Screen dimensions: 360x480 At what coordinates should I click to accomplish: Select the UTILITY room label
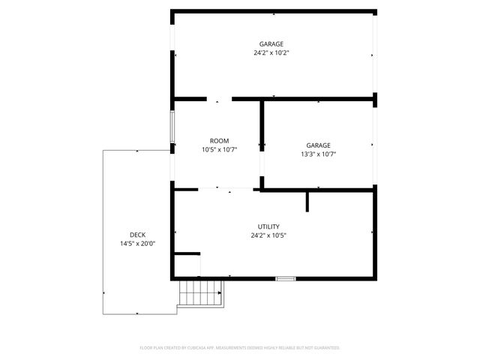pyautogui.click(x=268, y=226)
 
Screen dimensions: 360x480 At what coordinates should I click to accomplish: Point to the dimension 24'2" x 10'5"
pyautogui.click(x=268, y=235)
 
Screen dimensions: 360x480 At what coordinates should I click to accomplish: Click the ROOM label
pyautogui.click(x=219, y=141)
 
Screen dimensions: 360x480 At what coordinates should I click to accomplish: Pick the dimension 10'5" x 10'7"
pyautogui.click(x=219, y=150)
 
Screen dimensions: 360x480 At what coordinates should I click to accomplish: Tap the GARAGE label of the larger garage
pyautogui.click(x=271, y=44)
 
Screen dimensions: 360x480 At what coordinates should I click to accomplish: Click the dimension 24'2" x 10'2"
pyautogui.click(x=271, y=53)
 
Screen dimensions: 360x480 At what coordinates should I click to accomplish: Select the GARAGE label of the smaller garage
pyautogui.click(x=318, y=145)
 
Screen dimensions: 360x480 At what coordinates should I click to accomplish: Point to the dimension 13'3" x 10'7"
pyautogui.click(x=318, y=154)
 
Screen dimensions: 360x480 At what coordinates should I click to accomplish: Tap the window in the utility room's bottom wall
pyautogui.click(x=285, y=279)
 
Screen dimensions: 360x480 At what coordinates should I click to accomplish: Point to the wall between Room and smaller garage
pyautogui.click(x=262, y=142)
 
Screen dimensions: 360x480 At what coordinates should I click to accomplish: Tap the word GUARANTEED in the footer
pyautogui.click(x=324, y=348)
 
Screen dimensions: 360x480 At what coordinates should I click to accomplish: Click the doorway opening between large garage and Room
pyautogui.click(x=219, y=98)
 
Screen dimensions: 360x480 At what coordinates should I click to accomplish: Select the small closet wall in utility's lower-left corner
pyautogui.click(x=187, y=253)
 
